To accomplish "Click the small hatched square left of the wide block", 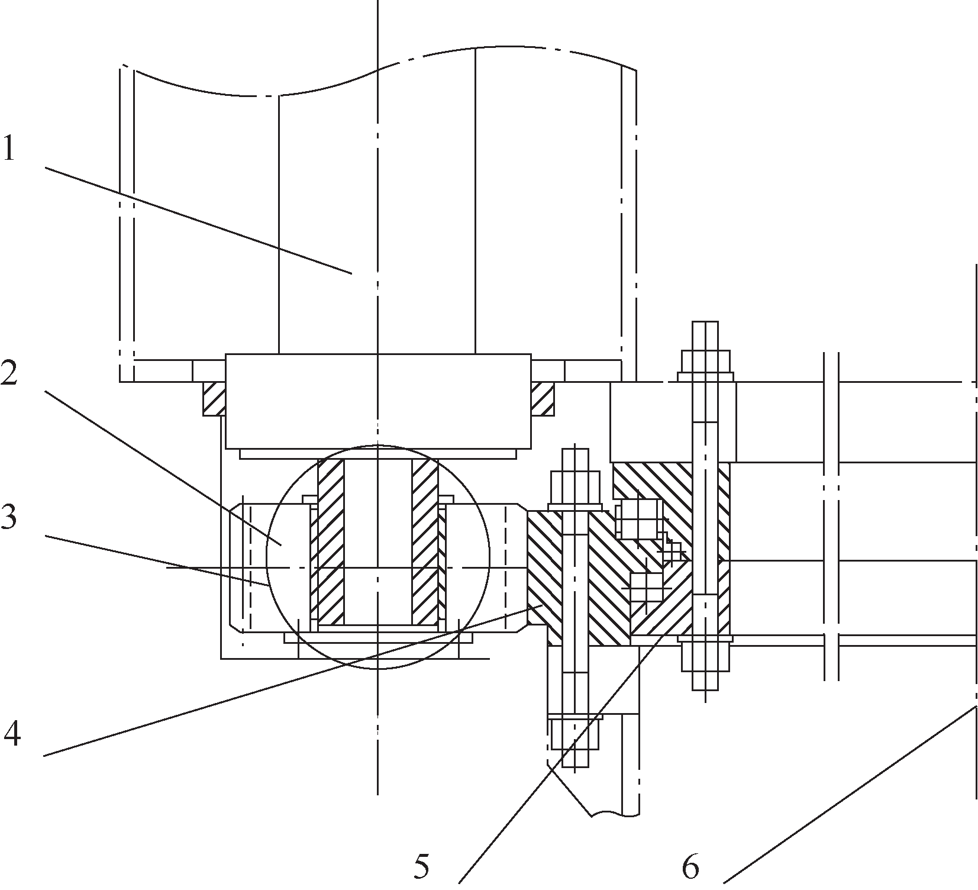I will (213, 398).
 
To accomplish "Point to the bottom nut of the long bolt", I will (706, 657).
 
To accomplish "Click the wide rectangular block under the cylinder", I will (377, 401).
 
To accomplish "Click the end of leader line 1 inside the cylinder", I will (351, 273).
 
